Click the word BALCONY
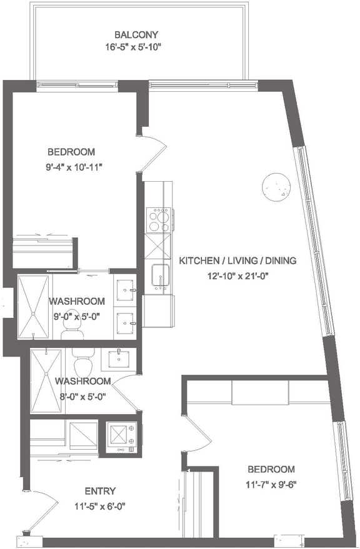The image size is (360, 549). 136,34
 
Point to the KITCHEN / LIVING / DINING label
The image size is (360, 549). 237,260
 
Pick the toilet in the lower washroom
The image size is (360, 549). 82,362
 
